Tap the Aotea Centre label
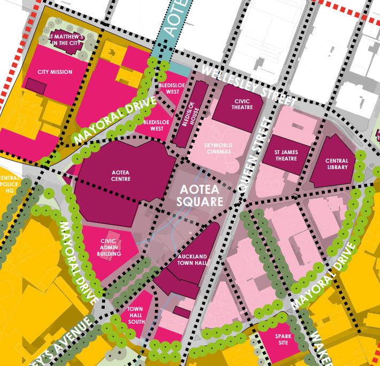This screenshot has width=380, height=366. click(x=121, y=176)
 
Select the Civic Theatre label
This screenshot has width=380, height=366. click(x=238, y=103)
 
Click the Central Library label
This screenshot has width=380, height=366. click(x=336, y=164)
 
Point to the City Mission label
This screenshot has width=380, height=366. click(x=55, y=72)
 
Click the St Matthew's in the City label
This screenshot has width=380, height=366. click(x=66, y=40)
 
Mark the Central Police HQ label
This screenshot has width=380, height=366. click(x=10, y=184)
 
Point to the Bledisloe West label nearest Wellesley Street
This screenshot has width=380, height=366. click(x=168, y=88)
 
